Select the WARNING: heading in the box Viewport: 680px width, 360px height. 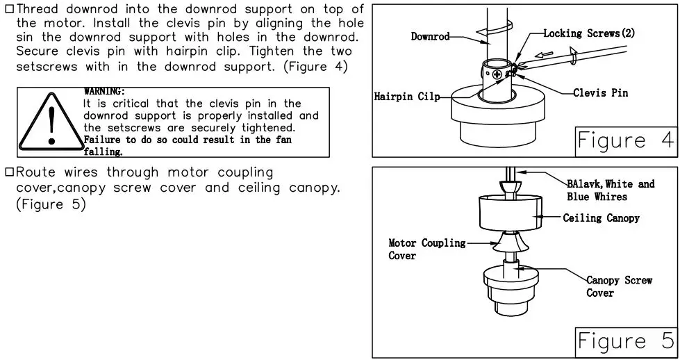click(104, 91)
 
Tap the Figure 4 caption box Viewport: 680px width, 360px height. click(624, 141)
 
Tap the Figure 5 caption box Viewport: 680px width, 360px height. click(624, 341)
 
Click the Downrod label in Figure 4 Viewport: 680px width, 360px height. click(430, 36)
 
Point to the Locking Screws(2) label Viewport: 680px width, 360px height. click(588, 33)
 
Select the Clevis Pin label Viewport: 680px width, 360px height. click(600, 93)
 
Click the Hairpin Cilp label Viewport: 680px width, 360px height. click(407, 97)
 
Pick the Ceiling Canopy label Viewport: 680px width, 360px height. click(601, 218)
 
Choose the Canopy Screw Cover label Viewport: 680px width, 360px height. click(618, 286)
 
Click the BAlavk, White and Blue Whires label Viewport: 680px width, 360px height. click(610, 190)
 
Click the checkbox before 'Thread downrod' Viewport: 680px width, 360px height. click(9, 9)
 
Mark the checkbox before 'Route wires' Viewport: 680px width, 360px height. click(9, 172)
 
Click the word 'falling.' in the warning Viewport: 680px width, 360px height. click(103, 152)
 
